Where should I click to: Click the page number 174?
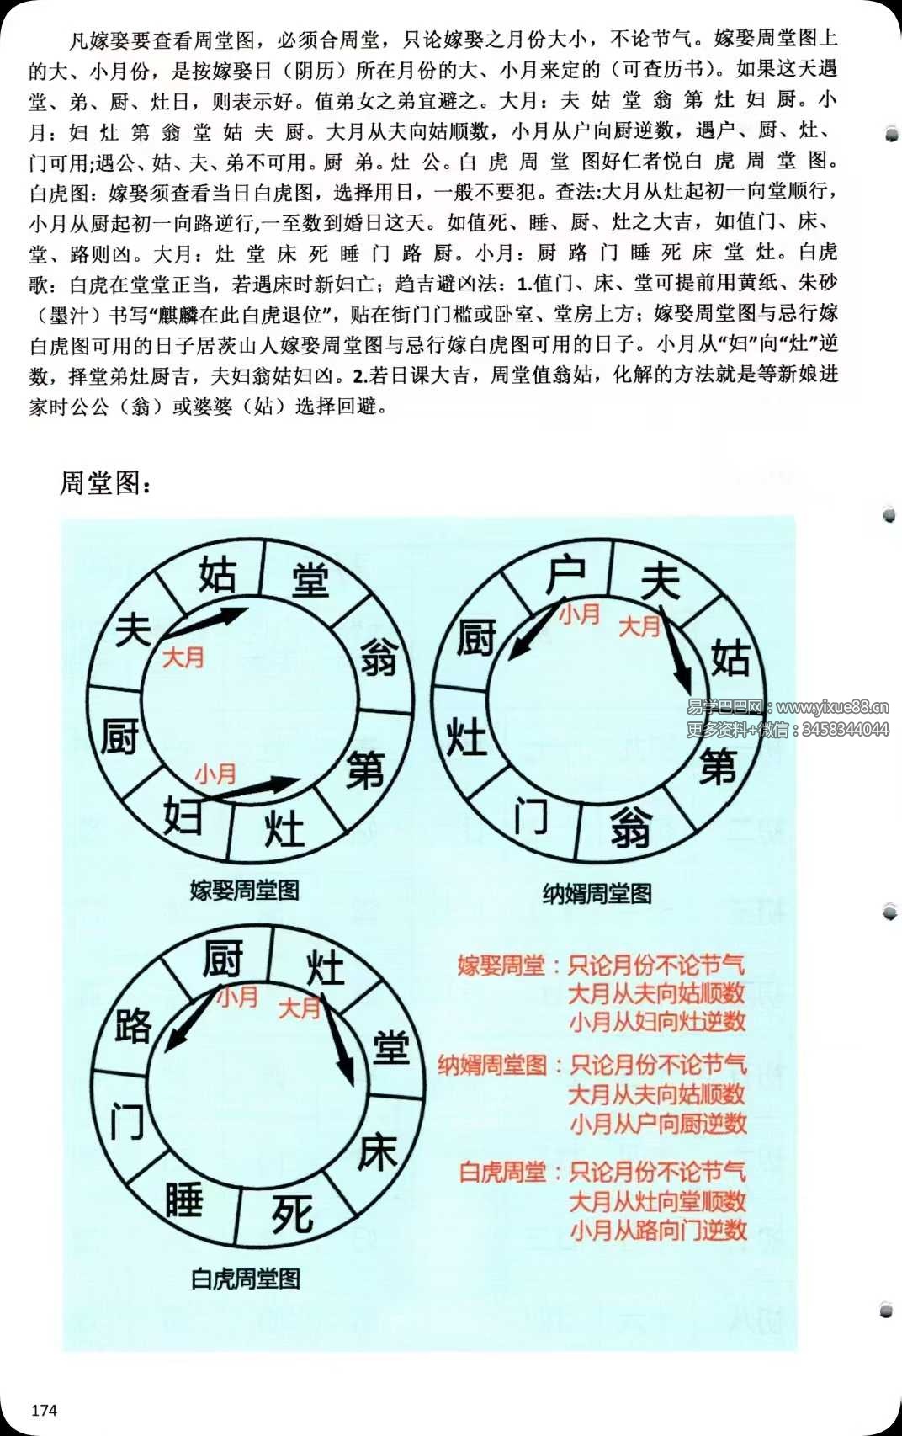(44, 1409)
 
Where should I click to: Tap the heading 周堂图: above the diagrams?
(105, 483)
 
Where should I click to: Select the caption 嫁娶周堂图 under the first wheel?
(244, 891)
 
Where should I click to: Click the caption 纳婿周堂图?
(597, 893)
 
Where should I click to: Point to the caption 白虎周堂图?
(245, 1279)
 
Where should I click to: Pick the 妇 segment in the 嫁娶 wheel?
(183, 814)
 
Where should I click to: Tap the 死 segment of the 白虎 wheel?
(292, 1214)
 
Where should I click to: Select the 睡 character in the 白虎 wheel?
(183, 1199)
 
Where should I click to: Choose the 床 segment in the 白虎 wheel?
(377, 1152)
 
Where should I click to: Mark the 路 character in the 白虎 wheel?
(133, 1025)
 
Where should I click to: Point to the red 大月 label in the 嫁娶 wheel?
(183, 657)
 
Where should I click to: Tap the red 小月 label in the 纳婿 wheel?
(580, 614)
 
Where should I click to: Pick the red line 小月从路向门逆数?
(658, 1230)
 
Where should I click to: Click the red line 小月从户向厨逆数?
(658, 1124)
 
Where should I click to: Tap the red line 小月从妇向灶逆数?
(657, 1022)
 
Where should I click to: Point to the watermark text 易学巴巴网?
(725, 707)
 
